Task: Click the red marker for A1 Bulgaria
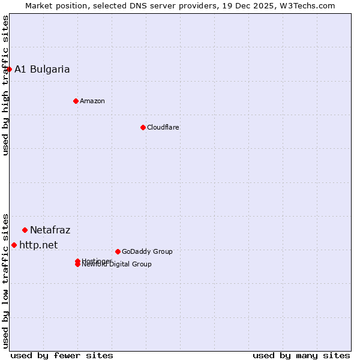tap(9, 69)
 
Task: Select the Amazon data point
tap(76, 101)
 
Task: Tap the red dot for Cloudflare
tap(143, 127)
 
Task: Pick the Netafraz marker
tap(25, 230)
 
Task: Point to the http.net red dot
tap(14, 245)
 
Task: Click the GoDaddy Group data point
tap(118, 251)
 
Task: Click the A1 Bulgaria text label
tap(42, 69)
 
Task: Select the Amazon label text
tap(92, 101)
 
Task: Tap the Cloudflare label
tap(163, 127)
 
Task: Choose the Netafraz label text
tap(50, 230)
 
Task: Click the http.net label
tap(38, 245)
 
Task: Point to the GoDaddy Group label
tap(147, 251)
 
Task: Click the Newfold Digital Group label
tap(117, 265)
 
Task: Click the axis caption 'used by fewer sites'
tap(62, 355)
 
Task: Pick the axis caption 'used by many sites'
tap(301, 355)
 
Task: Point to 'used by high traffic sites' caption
tap(5, 85)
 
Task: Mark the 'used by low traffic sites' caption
tap(5, 281)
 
